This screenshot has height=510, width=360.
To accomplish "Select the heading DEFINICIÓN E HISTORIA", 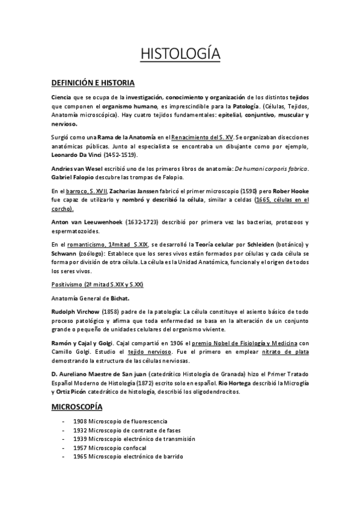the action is click(93, 82).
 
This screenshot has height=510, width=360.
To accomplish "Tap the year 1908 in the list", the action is click(80, 422).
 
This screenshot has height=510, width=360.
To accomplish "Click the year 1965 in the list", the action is click(80, 456).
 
